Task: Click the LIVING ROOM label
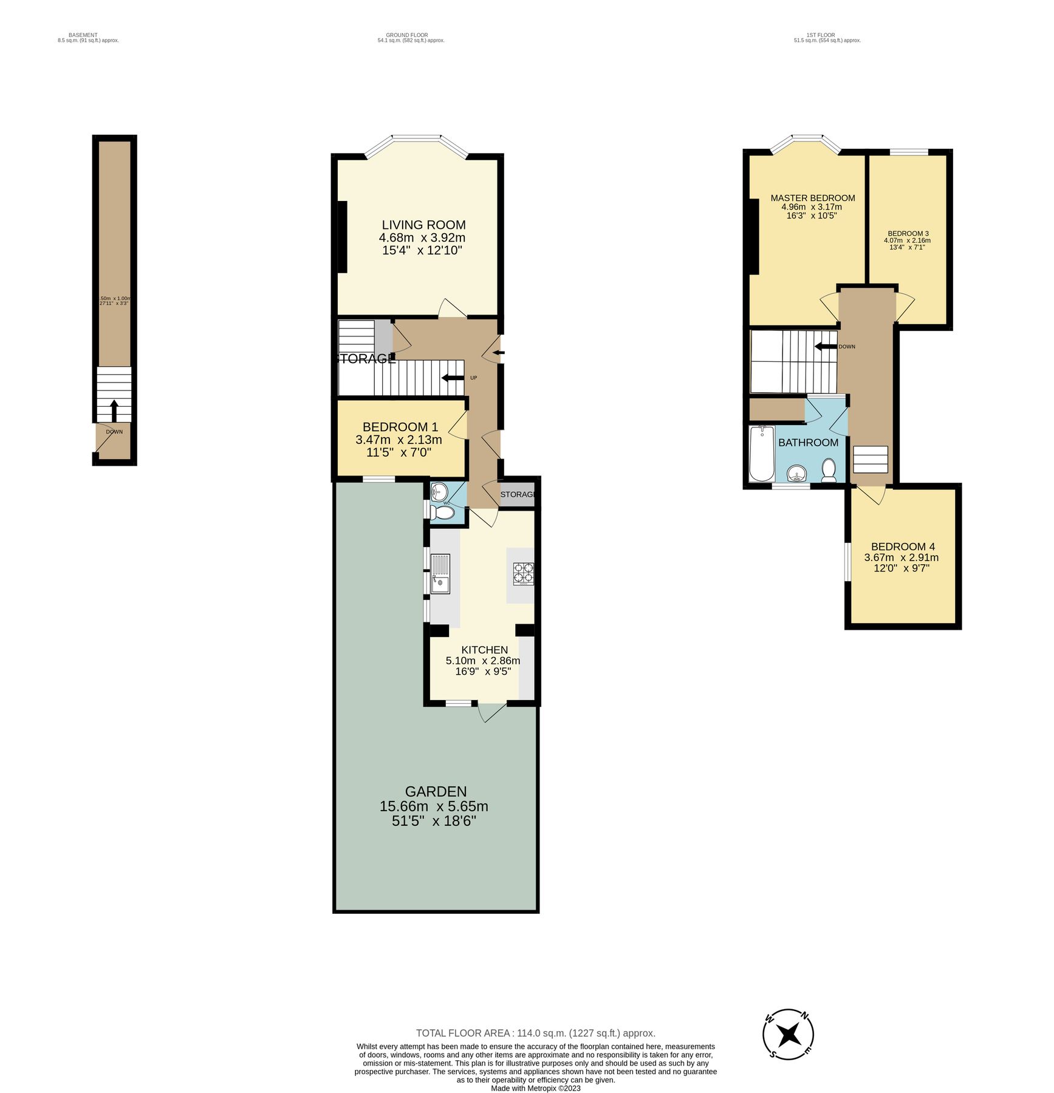coord(423,225)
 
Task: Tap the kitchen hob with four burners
coord(523,574)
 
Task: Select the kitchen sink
coord(440,574)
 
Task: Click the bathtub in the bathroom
coord(761,454)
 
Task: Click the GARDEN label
coord(436,792)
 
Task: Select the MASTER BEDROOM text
coord(812,198)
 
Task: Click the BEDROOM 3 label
coord(908,234)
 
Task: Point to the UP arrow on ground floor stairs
coord(453,378)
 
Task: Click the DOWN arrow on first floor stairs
coord(826,347)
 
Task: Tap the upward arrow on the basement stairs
coord(114,410)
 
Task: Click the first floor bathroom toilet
coord(829,470)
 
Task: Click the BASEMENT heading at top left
coord(83,35)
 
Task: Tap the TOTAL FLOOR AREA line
coord(535,1033)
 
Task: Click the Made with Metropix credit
coord(535,1089)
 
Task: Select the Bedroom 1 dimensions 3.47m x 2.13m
coord(399,440)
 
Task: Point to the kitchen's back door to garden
coord(491,712)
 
